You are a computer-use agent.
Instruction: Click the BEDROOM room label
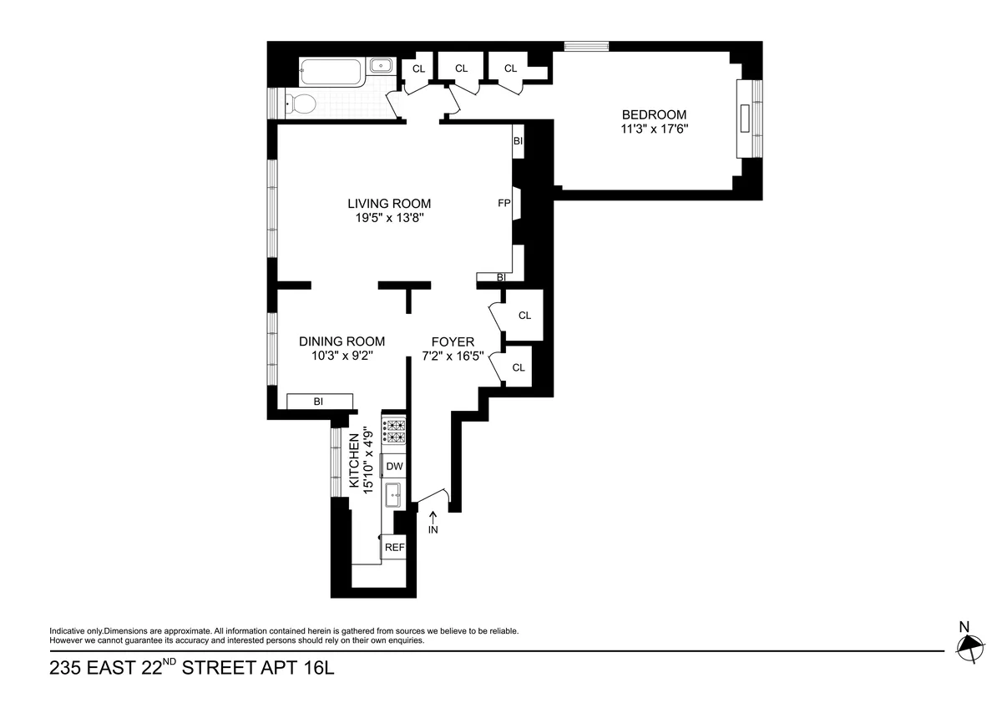coord(654,114)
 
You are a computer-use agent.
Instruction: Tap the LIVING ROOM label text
coord(389,204)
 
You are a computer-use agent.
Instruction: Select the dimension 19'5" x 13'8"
coord(389,219)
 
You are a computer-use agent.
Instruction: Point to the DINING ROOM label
coord(342,341)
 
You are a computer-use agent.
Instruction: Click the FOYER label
coord(453,341)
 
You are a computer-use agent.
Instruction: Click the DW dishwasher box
coord(394,467)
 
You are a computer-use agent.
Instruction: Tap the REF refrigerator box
coord(394,548)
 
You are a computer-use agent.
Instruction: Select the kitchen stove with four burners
coord(394,430)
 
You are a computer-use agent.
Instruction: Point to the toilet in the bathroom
coord(301,104)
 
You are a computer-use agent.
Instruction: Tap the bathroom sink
coord(382,65)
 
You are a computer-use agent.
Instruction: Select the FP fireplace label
coord(504,203)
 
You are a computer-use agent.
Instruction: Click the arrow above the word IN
coord(433,518)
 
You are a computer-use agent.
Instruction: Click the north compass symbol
coord(969,645)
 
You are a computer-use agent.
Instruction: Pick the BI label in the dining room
coord(318,402)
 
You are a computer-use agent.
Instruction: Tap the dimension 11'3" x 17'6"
coord(654,129)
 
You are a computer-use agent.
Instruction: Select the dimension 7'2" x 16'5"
coord(453,356)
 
